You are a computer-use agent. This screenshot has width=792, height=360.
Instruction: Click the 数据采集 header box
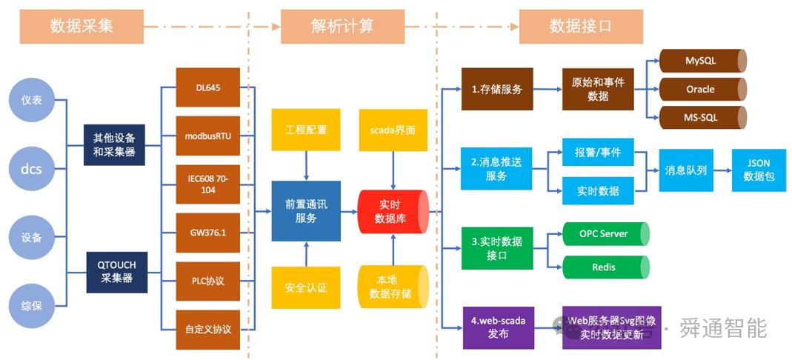81,27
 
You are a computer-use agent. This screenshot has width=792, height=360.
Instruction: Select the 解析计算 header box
342,27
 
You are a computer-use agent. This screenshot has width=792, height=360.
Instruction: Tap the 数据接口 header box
580,27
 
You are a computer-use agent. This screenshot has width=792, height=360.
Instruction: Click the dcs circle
31,170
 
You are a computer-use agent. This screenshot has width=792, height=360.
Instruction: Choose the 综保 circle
31,307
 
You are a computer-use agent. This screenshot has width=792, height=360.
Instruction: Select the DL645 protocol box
208,88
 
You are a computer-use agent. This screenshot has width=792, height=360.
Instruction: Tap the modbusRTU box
208,136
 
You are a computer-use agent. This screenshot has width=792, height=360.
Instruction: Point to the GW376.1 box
208,233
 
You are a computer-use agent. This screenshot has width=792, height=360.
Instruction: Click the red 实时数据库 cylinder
393,211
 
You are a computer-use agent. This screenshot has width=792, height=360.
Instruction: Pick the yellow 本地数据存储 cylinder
393,287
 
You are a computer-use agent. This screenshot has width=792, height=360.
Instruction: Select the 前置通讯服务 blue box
306,211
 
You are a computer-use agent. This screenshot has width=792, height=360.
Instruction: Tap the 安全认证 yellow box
306,287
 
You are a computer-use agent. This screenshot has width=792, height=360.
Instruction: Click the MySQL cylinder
701,61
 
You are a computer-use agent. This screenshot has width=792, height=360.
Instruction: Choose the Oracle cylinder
701,89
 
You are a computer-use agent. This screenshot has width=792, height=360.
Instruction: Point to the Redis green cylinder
605,267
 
